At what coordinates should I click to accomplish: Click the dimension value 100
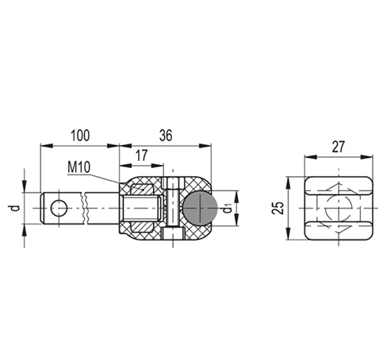point(80,136)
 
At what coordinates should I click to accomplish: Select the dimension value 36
point(166,136)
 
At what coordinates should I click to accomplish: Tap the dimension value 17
point(141,155)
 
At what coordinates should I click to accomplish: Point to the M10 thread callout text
point(79,167)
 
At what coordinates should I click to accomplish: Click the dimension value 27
point(339,147)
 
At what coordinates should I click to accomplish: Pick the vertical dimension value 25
point(278,208)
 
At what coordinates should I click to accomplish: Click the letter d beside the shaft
point(16,208)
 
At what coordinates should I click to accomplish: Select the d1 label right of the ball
point(228,209)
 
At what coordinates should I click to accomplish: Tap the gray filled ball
point(200,208)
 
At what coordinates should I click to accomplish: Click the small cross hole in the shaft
point(59,209)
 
